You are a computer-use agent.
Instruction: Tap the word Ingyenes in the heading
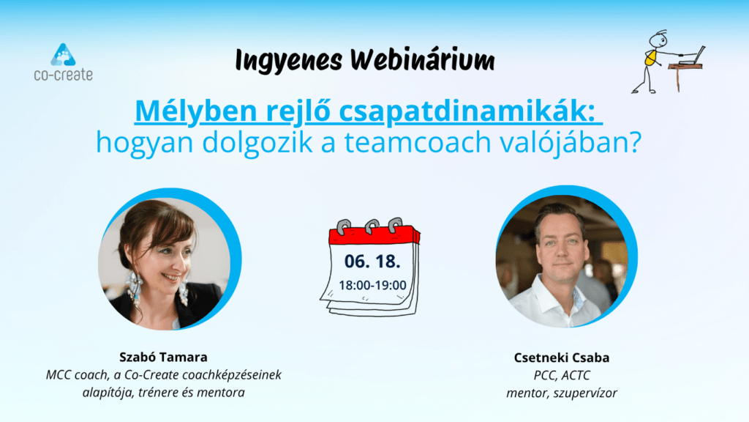(x=289, y=61)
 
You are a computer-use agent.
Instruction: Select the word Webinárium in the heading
(x=423, y=59)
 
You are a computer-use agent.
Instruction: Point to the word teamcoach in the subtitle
(x=418, y=142)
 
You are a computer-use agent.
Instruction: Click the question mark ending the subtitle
(x=635, y=142)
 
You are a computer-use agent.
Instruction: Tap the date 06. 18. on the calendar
(x=372, y=262)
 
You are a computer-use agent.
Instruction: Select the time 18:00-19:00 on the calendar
(x=372, y=285)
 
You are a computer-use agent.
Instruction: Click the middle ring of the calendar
(x=372, y=226)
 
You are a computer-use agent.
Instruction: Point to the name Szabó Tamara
(x=163, y=357)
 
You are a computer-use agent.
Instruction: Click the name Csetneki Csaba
(x=562, y=358)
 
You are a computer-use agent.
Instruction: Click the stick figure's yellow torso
(x=650, y=58)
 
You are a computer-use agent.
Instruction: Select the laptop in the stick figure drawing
(x=693, y=56)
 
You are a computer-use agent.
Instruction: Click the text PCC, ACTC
(x=562, y=375)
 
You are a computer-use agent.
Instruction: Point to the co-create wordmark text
(x=63, y=75)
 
